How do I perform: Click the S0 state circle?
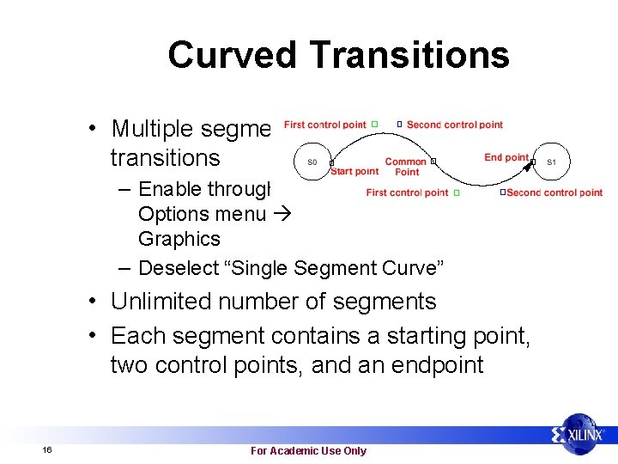click(x=312, y=162)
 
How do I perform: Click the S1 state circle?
click(x=551, y=162)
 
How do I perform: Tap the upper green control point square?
click(x=375, y=125)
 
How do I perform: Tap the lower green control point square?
click(x=457, y=192)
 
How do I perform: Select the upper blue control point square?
click(x=399, y=125)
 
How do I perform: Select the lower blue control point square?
click(x=503, y=192)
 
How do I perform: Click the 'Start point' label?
click(x=354, y=171)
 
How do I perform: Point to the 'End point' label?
click(x=506, y=157)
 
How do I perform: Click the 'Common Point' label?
click(x=406, y=167)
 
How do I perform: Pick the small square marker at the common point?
click(x=433, y=161)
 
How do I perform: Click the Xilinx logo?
click(x=579, y=436)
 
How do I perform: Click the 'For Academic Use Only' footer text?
click(x=308, y=450)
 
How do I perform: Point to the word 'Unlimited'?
click(x=165, y=302)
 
